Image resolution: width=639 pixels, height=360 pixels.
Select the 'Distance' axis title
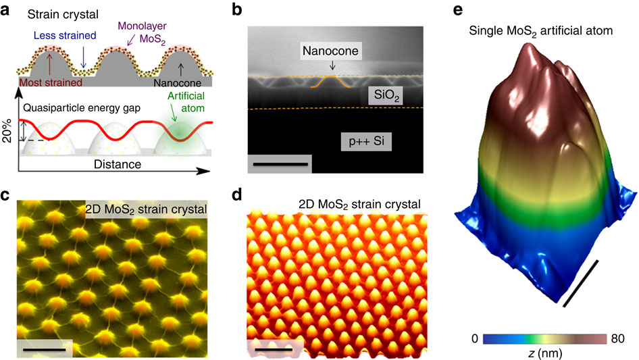112,164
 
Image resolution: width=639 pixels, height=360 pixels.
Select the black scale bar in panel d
274,350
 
